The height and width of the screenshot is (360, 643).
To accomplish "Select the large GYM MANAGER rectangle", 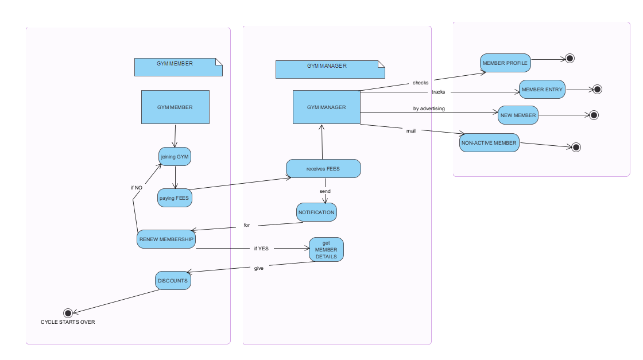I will pyautogui.click(x=326, y=107).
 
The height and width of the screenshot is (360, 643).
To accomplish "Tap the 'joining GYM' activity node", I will pyautogui.click(x=175, y=156).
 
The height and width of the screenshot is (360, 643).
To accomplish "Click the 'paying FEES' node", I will pyautogui.click(x=175, y=198).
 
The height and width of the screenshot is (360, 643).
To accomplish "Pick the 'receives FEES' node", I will pyautogui.click(x=323, y=169).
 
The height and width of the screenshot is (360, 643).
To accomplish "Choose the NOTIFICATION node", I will pyautogui.click(x=316, y=212).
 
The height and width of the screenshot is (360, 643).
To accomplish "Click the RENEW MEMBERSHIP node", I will pyautogui.click(x=166, y=239).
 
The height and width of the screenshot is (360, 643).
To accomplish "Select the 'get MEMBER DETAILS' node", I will pyautogui.click(x=326, y=250).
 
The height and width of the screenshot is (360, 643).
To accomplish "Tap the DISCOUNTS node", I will pyautogui.click(x=172, y=281).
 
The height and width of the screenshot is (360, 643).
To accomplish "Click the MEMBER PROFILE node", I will pyautogui.click(x=505, y=63).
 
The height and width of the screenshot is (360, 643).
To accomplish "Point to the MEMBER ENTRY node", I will pyautogui.click(x=543, y=90).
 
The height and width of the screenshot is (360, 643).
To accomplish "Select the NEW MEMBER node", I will pyautogui.click(x=518, y=115).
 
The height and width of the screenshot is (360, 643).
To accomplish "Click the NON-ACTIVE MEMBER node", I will pyautogui.click(x=489, y=142).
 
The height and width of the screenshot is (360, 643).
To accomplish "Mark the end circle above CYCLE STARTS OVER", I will pyautogui.click(x=68, y=313).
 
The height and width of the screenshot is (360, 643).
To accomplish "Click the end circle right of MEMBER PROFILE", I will pyautogui.click(x=570, y=58).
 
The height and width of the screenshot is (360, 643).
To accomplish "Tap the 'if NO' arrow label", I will pyautogui.click(x=136, y=187).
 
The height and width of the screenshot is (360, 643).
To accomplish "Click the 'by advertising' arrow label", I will pyautogui.click(x=429, y=108).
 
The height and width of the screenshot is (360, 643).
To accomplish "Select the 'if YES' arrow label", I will pyautogui.click(x=261, y=249).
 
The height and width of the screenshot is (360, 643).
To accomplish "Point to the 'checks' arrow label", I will pyautogui.click(x=420, y=83).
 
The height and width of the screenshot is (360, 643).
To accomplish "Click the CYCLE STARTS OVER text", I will pyautogui.click(x=68, y=322).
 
